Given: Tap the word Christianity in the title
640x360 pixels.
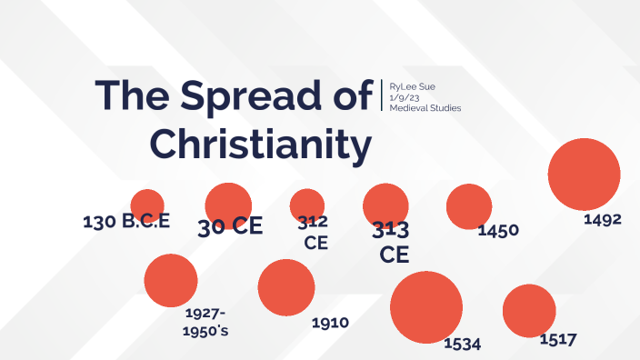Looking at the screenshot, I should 261,143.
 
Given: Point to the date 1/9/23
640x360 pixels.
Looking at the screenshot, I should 403,96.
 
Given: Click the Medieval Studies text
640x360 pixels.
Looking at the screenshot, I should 425,108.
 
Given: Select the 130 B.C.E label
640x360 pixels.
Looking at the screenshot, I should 126,221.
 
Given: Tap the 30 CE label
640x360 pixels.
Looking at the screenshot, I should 230,226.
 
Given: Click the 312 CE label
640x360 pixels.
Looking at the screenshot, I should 313,232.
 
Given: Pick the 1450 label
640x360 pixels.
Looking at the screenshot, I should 498,230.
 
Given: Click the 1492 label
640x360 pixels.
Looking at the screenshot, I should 602,219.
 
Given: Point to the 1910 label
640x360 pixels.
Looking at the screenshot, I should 330,322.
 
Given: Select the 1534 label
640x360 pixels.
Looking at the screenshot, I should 462,344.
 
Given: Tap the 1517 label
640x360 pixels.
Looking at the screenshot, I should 558,339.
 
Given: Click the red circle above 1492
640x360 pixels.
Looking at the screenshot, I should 584,174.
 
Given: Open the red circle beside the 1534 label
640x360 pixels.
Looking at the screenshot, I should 426,307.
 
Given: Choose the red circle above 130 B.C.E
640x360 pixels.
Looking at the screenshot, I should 147,204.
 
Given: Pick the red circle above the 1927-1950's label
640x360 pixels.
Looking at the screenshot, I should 171,280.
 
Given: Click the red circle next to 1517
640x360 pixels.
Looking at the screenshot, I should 529,310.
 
